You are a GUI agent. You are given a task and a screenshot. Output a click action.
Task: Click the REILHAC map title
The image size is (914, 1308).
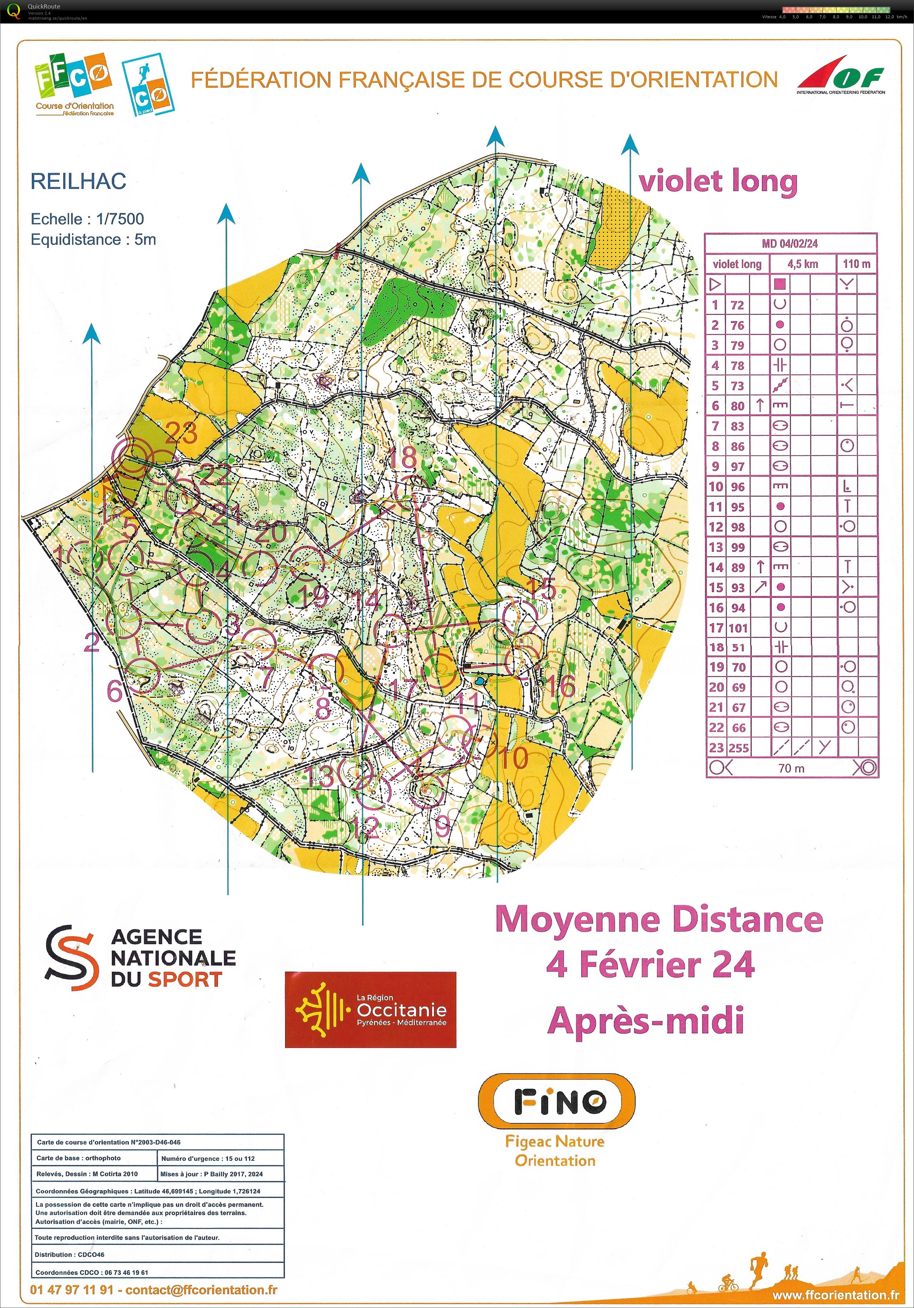click(78, 181)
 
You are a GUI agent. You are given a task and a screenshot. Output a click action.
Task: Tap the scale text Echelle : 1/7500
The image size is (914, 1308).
click(87, 219)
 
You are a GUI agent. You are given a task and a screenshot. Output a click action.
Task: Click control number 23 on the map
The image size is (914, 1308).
click(181, 433)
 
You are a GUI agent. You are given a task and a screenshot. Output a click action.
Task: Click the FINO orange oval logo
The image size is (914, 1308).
click(556, 1102)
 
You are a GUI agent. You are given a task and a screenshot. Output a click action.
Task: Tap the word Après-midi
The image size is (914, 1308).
click(646, 1020)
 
